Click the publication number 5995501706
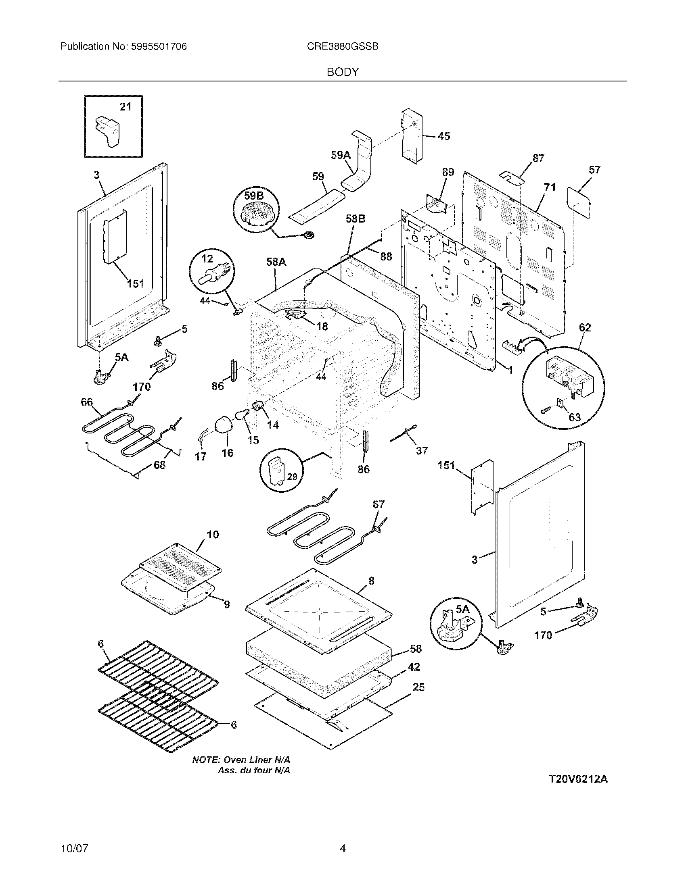pos(159,47)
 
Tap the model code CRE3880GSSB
pos(343,47)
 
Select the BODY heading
pos(343,72)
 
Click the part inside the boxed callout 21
pos(106,130)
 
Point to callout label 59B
pos(253,196)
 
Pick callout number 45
pos(444,136)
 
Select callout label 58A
pos(276,262)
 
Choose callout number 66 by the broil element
pos(87,402)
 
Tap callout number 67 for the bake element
pos(379,504)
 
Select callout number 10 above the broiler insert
pos(213,535)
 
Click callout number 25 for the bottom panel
pos(418,687)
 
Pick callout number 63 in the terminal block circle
pos(574,417)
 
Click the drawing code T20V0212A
pos(578,779)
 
